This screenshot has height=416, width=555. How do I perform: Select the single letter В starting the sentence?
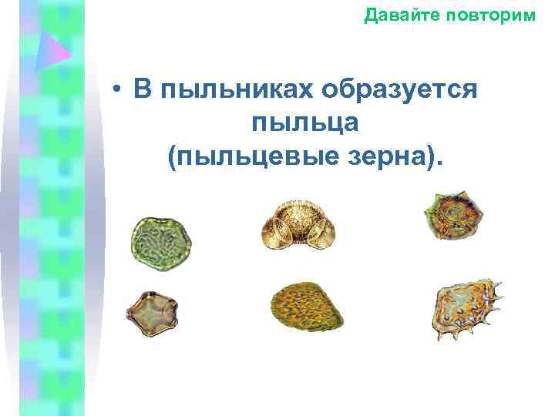coord(141,90)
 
